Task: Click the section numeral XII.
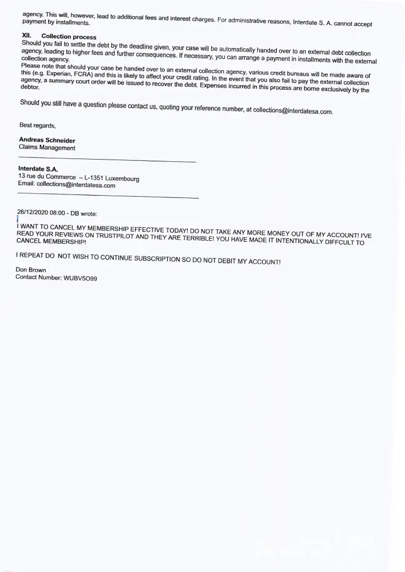coord(26,36)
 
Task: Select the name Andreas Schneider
coord(47,140)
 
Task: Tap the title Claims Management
coord(47,148)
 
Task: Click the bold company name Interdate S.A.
coord(34,169)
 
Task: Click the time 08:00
coord(58,213)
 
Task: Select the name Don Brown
coord(31,269)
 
